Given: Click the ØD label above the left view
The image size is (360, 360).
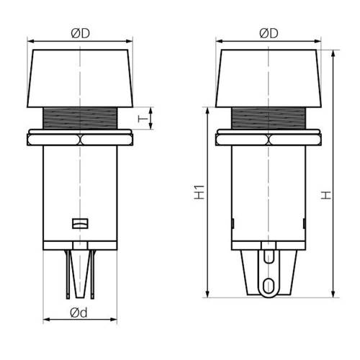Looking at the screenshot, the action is [x=81, y=33].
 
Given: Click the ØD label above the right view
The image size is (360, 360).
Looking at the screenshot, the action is [x=269, y=33].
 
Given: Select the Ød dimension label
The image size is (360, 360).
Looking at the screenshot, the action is [x=78, y=312].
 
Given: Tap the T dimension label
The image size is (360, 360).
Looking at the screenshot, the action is [x=143, y=118].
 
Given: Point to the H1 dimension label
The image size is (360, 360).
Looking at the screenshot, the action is [x=199, y=192].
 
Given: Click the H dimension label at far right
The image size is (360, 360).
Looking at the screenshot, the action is [x=326, y=195].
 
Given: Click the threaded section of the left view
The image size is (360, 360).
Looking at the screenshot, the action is [x=80, y=118].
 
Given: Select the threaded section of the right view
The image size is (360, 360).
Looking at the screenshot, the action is [x=269, y=118].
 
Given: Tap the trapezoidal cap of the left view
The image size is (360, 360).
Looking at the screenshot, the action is [x=80, y=78].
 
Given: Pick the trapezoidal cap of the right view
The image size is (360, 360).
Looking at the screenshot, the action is [x=269, y=78].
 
